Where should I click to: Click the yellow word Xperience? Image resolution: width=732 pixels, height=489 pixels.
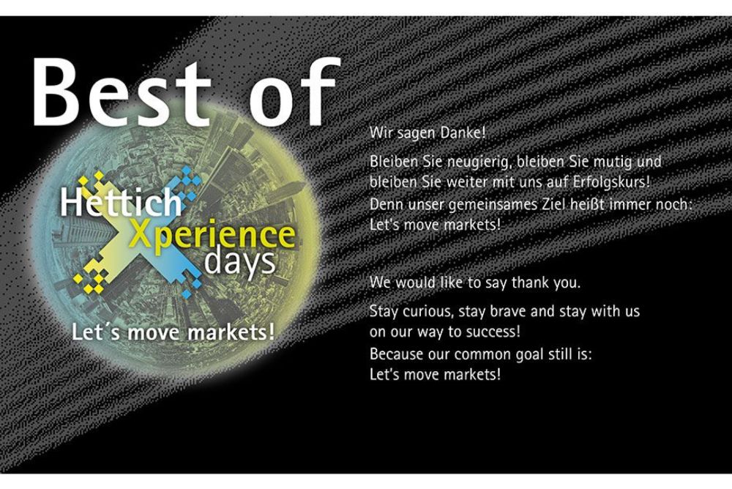(212, 236)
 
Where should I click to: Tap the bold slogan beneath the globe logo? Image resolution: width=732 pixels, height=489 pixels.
(173, 332)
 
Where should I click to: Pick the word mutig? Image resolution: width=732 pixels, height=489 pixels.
(613, 163)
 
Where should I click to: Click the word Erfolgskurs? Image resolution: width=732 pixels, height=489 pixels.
(611, 182)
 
